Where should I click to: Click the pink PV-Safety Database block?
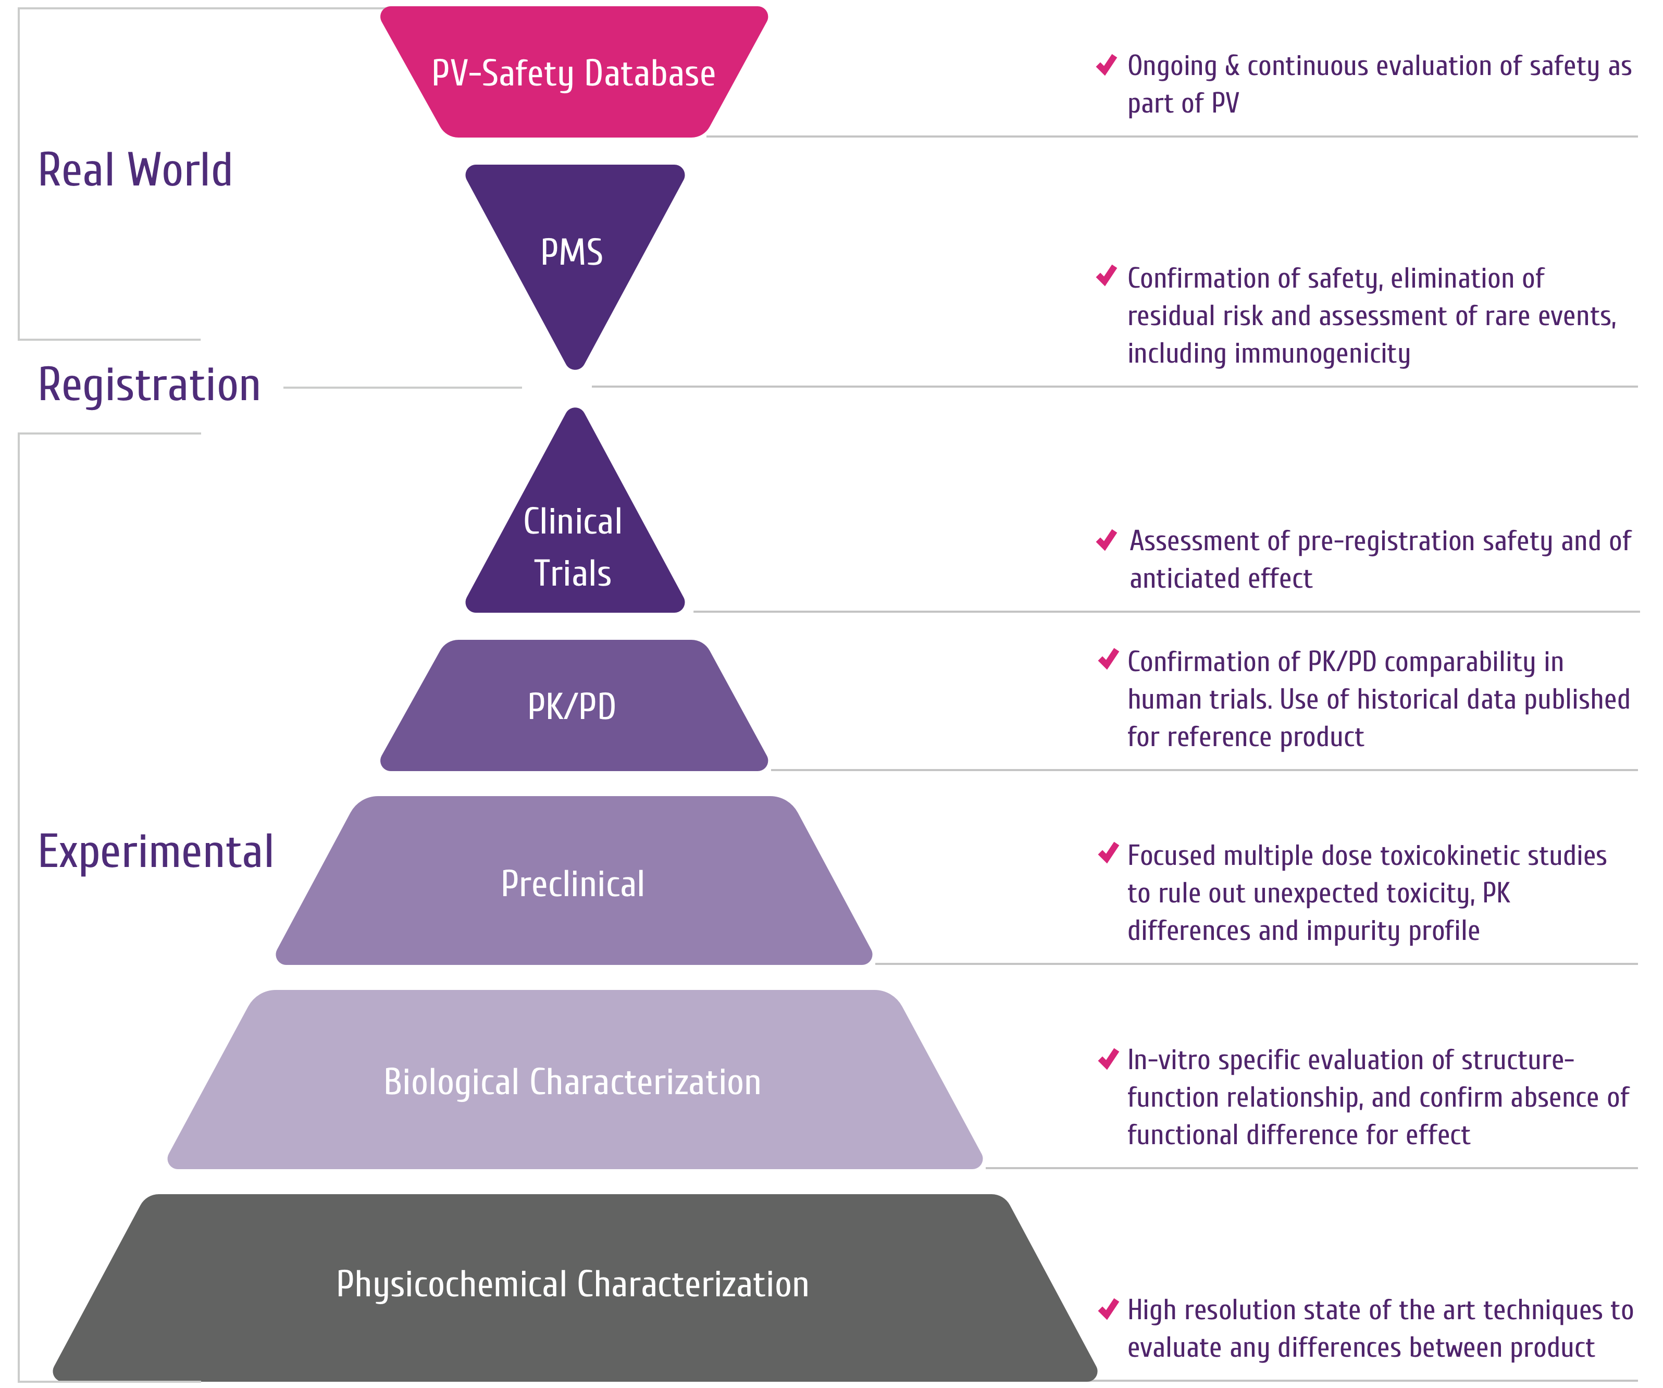coord(573,73)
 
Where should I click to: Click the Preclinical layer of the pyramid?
coord(573,883)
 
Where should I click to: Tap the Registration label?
coord(150,386)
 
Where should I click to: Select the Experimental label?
coord(156,852)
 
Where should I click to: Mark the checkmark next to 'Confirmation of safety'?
coord(1106,276)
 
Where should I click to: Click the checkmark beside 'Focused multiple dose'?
coord(1108,853)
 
